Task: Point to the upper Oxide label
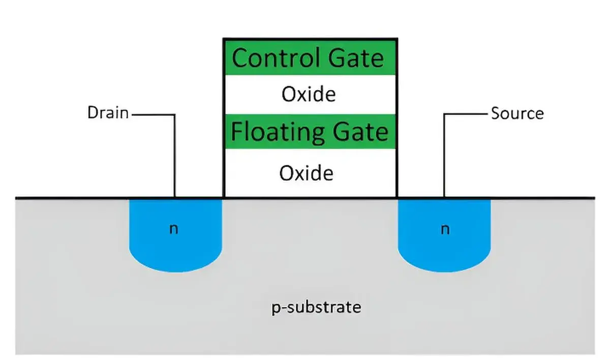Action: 309,94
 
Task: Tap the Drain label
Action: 108,112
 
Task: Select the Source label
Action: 517,113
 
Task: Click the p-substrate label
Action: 317,307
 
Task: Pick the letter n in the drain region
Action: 173,229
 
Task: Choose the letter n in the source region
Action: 445,229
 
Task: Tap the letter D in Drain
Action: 93,112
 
